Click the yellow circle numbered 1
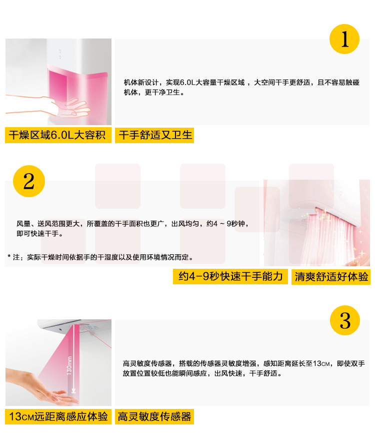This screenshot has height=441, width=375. click(x=344, y=39)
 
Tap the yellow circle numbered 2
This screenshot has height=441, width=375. click(x=29, y=181)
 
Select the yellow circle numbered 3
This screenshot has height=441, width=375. click(x=345, y=320)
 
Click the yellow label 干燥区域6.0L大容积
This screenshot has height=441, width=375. click(x=58, y=135)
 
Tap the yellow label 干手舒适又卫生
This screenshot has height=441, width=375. click(x=154, y=135)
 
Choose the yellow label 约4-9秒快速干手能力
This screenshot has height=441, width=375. click(x=230, y=276)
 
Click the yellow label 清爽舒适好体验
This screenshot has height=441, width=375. click(x=331, y=277)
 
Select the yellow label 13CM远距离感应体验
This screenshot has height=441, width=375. click(x=58, y=416)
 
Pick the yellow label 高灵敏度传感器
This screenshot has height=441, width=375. click(x=154, y=416)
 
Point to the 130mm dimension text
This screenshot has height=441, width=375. click(x=69, y=365)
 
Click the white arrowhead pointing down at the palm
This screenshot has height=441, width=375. click(x=73, y=390)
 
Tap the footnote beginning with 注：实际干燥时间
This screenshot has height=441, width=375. click(x=100, y=257)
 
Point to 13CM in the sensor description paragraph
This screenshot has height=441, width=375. click(x=321, y=363)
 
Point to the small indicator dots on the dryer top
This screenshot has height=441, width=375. click(x=60, y=54)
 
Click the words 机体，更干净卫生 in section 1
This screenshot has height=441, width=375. click(x=154, y=92)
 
